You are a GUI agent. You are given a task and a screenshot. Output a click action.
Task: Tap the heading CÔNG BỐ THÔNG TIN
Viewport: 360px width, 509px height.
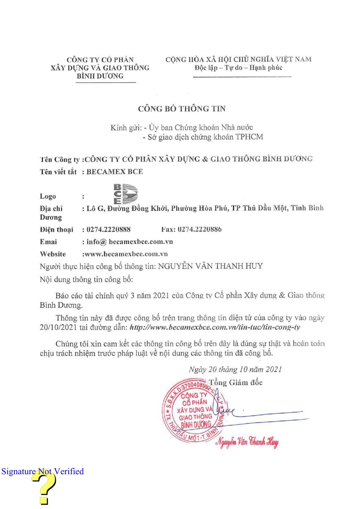pyautogui.click(x=182, y=109)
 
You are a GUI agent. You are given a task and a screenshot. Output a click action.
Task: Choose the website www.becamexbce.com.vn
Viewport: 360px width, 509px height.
pyautogui.click(x=126, y=254)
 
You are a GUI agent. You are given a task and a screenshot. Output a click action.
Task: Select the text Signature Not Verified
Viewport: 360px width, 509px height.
pyautogui.click(x=43, y=471)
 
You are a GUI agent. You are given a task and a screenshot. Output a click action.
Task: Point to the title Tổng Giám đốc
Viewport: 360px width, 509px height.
pyautogui.click(x=236, y=382)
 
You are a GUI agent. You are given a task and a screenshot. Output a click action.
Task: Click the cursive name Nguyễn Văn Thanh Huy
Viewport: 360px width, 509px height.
pyautogui.click(x=247, y=443)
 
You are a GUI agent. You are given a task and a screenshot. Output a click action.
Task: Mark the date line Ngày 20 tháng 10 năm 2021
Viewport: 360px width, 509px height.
pyautogui.click(x=235, y=369)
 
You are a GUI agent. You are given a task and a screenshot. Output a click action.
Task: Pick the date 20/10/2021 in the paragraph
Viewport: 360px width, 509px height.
pyautogui.click(x=54, y=328)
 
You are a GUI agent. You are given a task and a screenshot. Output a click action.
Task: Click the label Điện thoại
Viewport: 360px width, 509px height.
pyautogui.click(x=56, y=229)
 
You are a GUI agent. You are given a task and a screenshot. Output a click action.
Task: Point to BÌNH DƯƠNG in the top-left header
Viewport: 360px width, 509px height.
pyautogui.click(x=100, y=76)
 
